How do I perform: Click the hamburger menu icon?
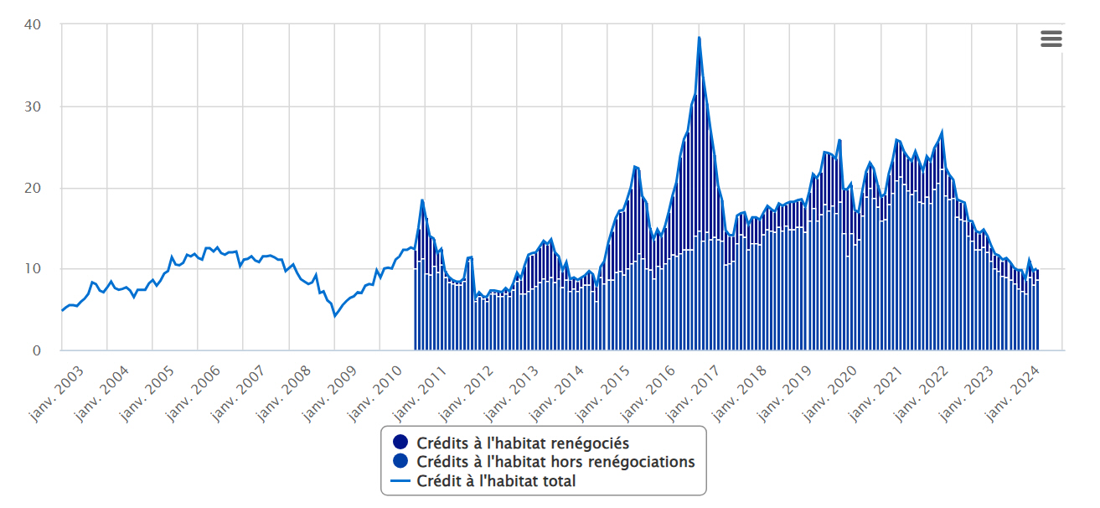pyautogui.click(x=1051, y=39)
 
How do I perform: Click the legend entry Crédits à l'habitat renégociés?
pyautogui.click(x=522, y=443)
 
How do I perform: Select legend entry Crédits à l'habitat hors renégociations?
pyautogui.click(x=555, y=462)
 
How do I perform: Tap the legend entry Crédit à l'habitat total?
pyautogui.click(x=496, y=481)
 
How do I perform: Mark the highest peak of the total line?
pyautogui.click(x=699, y=38)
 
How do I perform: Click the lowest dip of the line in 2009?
pyautogui.click(x=335, y=316)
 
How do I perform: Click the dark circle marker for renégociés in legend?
pyautogui.click(x=400, y=443)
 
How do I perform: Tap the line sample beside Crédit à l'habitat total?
pyautogui.click(x=400, y=481)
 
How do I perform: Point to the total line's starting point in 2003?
pyautogui.click(x=62, y=310)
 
